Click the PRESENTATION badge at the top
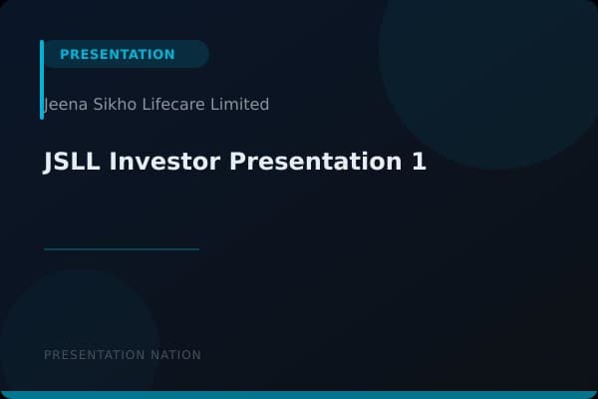coord(118,54)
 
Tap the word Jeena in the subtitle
coord(65,104)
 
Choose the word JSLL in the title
coord(72,162)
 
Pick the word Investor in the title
coord(163,162)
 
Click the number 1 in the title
coord(419,162)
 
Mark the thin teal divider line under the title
coord(122,249)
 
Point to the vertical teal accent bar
coord(42,80)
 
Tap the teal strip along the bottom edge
coord(299,395)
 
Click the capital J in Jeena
coord(48,105)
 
